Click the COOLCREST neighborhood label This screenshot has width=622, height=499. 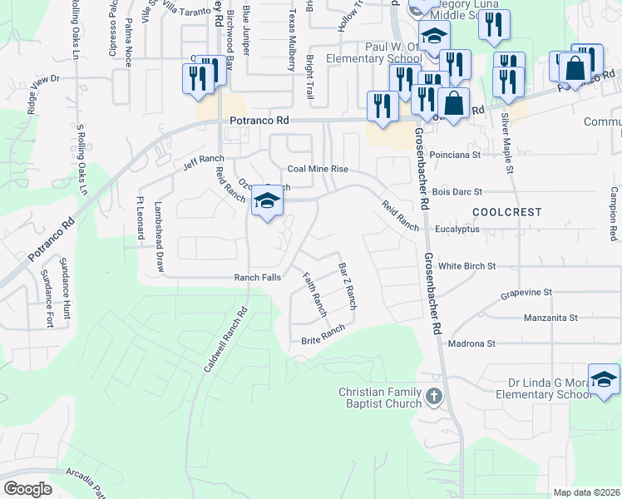pyautogui.click(x=501, y=212)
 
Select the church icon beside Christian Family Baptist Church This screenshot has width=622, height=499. pyautogui.click(x=433, y=397)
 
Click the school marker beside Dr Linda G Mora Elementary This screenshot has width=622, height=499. pyautogui.click(x=605, y=379)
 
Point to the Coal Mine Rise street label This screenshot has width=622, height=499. pyautogui.click(x=318, y=169)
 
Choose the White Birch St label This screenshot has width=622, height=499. pyautogui.click(x=466, y=266)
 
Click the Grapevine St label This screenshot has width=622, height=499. pyautogui.click(x=526, y=294)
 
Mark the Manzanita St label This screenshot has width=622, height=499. pyautogui.click(x=550, y=318)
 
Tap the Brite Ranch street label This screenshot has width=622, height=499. pyautogui.click(x=317, y=336)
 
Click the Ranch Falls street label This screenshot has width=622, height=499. pyautogui.click(x=257, y=277)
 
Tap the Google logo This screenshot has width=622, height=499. pyautogui.click(x=27, y=488)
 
